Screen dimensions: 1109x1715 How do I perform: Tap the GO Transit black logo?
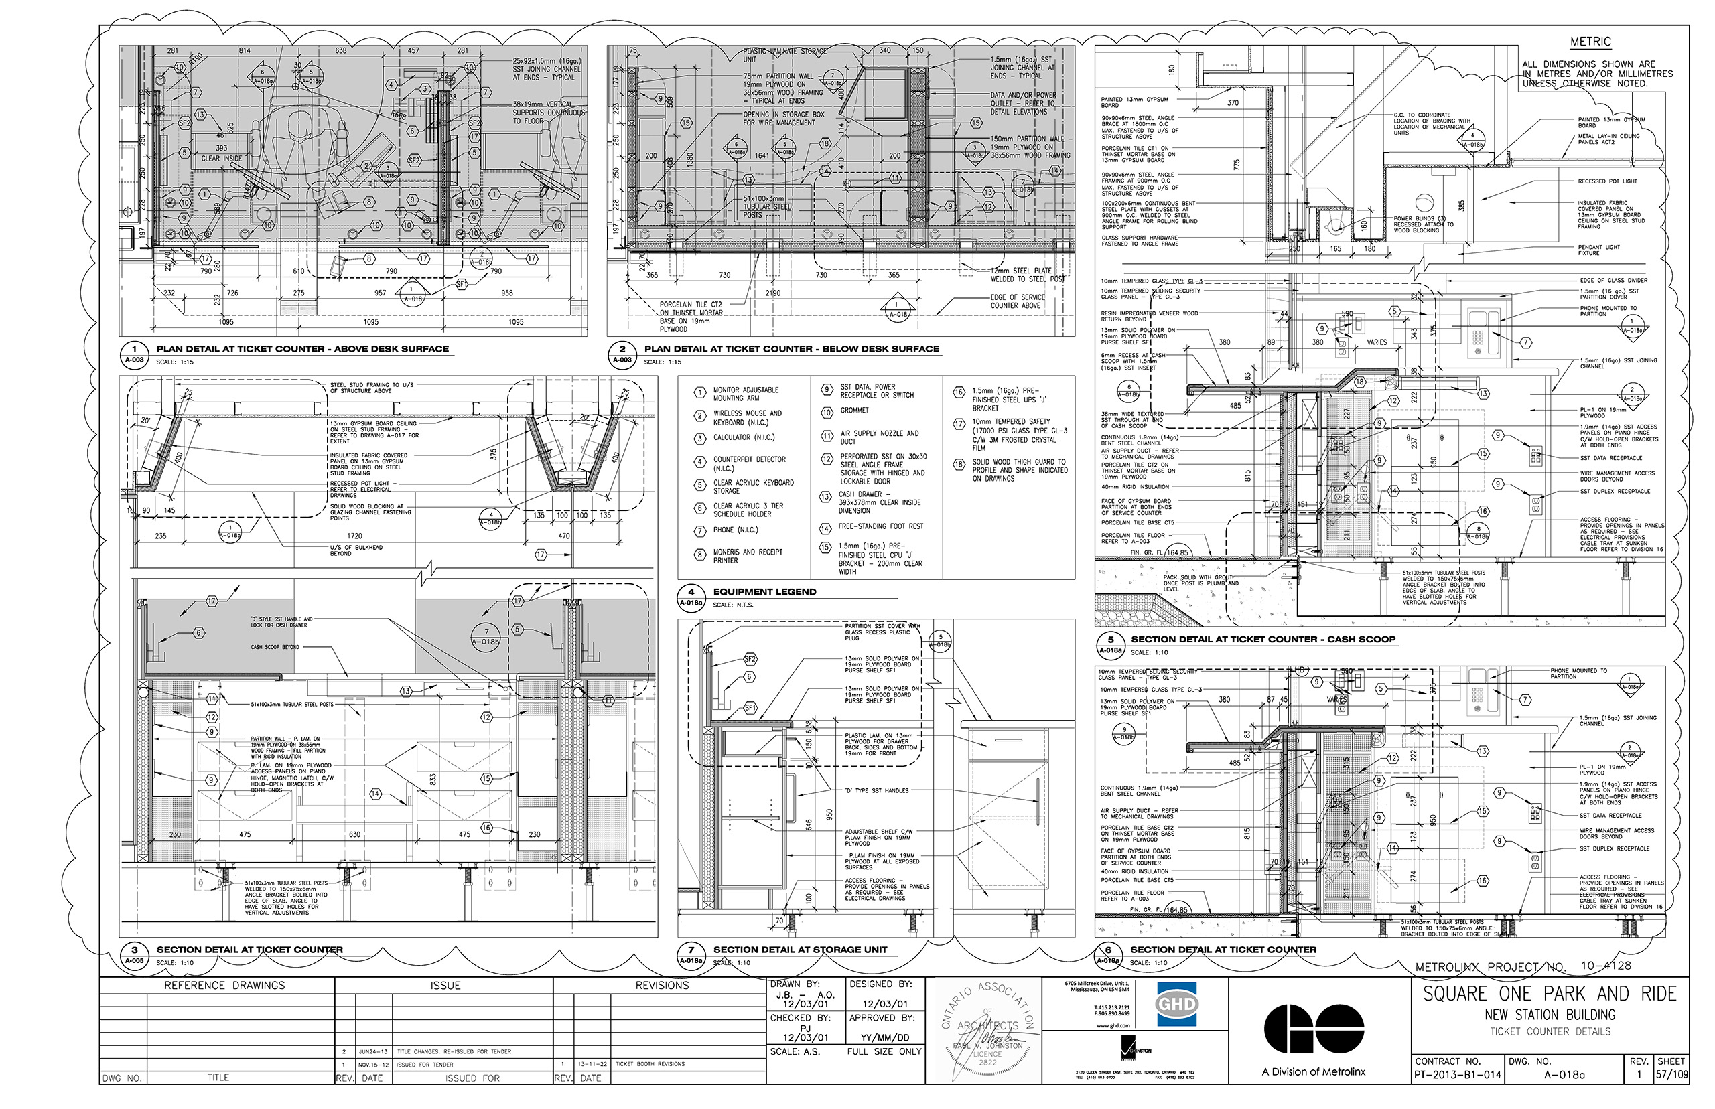1313,1029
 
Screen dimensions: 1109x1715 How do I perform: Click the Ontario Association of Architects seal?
987,1030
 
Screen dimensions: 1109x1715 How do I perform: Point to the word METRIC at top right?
1590,42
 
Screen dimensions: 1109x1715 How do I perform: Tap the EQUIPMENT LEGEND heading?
764,591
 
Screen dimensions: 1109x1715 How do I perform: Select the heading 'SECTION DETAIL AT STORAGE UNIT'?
799,949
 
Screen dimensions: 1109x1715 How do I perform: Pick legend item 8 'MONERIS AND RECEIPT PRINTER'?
747,555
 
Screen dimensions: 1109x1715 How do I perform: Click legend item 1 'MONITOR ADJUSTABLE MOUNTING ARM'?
745,393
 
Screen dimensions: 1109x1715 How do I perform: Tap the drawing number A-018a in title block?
1564,1074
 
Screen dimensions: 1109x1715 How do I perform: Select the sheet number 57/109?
1671,1074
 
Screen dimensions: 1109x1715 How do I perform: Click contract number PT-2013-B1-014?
1457,1074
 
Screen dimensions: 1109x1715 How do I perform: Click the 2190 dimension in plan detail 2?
773,293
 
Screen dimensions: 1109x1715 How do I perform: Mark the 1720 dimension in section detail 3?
354,536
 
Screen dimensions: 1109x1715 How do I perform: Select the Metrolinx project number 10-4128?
1606,965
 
